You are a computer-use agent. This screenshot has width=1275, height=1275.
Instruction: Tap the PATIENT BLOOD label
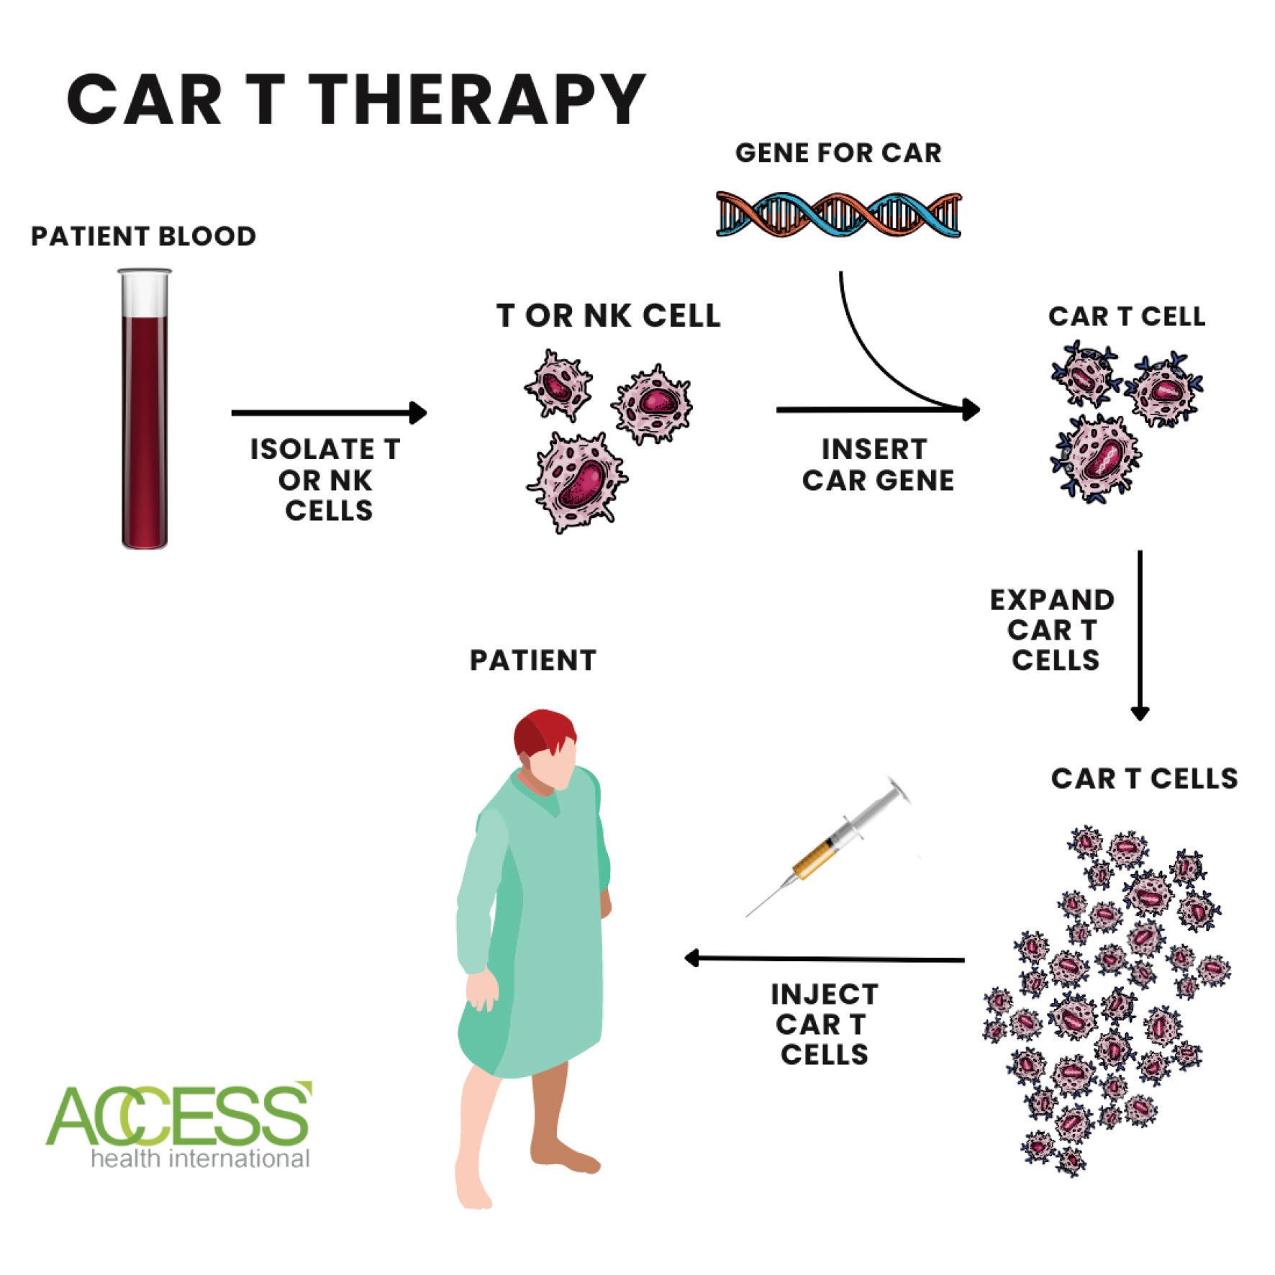tap(143, 237)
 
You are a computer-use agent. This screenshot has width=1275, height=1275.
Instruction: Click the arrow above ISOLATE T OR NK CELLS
tap(329, 413)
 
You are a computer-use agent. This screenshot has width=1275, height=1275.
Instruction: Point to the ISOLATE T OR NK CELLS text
tap(325, 480)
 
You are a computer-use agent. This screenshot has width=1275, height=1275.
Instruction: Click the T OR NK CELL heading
tap(608, 316)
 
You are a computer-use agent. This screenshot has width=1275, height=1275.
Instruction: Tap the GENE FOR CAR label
tap(838, 153)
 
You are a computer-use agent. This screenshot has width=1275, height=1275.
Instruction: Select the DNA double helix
tap(838, 214)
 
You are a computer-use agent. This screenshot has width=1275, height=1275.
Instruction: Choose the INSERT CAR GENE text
tap(878, 465)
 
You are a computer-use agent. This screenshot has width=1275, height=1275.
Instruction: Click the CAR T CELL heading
tap(1126, 317)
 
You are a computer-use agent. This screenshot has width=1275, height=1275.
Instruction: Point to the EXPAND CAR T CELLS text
tap(1053, 630)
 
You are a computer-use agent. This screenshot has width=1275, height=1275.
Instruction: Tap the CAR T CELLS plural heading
tap(1144, 779)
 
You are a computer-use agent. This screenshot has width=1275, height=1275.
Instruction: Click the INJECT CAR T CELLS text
tap(824, 1024)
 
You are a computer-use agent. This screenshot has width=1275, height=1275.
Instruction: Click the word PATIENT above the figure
tap(533, 660)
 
